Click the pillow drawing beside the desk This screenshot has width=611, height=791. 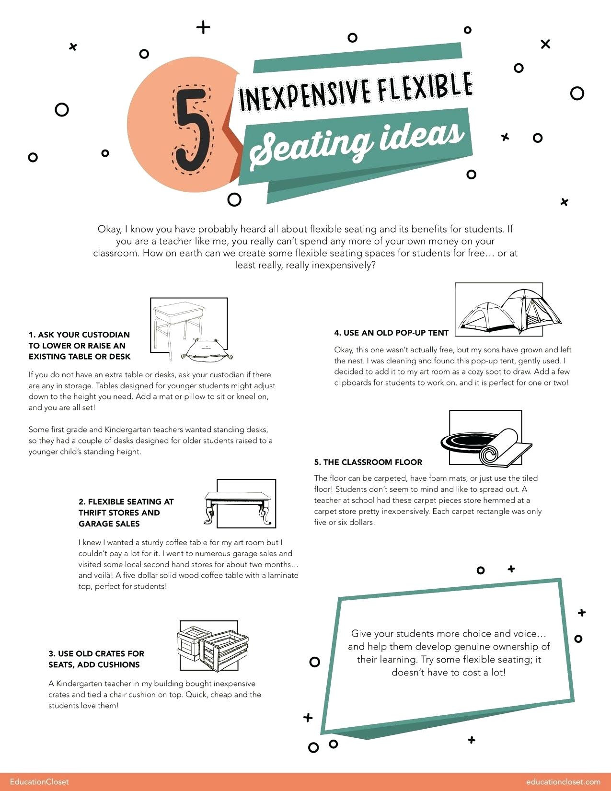[x=207, y=349]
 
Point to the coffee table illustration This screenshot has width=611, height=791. [x=238, y=506]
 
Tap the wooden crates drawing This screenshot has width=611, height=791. [x=213, y=647]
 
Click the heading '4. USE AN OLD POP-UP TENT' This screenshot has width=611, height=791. [x=391, y=333]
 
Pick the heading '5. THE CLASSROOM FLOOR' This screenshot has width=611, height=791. [x=368, y=462]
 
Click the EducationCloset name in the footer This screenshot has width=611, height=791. [x=39, y=781]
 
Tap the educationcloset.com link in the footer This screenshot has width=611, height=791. [x=563, y=781]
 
